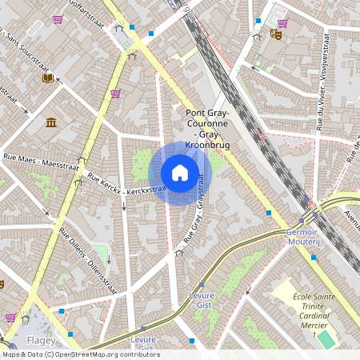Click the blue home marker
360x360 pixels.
pos(180,173)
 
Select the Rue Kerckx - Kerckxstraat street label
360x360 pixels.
pos(126,184)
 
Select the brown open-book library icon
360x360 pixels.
pos(47,78)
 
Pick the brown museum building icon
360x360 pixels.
pos(52,122)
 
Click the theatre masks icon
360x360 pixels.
pos(275,34)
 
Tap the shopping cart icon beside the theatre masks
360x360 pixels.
pos(282,23)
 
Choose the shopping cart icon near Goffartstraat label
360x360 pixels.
pos(58,18)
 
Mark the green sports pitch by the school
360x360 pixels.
pos(325,339)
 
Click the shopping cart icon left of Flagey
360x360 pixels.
pos(10,318)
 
